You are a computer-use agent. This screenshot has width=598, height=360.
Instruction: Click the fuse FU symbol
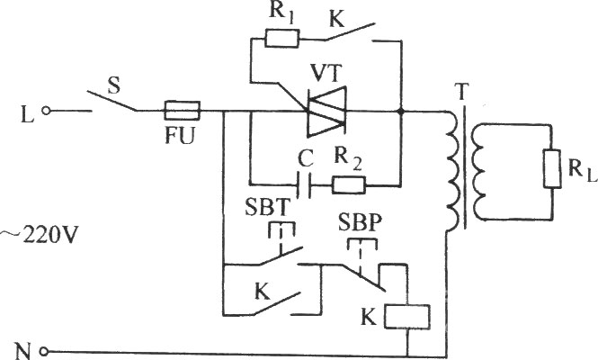tap(182, 111)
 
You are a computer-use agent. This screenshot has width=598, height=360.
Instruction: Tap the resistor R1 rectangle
tap(281, 39)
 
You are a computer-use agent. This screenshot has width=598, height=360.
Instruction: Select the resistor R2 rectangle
tap(349, 185)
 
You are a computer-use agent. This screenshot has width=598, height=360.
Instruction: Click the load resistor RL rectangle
tap(552, 168)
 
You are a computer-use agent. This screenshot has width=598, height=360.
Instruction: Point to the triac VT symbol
tap(326, 111)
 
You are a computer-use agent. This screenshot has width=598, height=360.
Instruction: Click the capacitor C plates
tap(304, 185)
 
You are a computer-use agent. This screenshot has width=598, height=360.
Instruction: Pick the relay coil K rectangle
tap(407, 317)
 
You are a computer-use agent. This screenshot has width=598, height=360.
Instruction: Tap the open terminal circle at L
tap(46, 111)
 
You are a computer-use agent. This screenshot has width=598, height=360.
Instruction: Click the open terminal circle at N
tap(44, 351)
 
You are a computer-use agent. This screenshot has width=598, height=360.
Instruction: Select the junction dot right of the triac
tap(400, 112)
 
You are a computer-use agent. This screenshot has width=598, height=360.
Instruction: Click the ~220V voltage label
tap(40, 235)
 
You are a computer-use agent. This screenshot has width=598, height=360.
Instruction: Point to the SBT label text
tap(268, 208)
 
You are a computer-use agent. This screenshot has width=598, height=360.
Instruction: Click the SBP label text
tap(361, 223)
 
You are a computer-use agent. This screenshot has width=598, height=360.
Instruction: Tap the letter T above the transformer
tap(462, 92)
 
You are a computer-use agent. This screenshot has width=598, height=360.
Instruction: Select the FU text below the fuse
tap(180, 135)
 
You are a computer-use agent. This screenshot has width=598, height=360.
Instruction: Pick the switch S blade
tap(112, 101)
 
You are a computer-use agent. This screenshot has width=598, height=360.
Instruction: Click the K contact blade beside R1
tap(349, 31)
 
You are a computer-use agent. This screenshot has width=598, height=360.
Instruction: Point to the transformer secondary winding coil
tap(478, 172)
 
